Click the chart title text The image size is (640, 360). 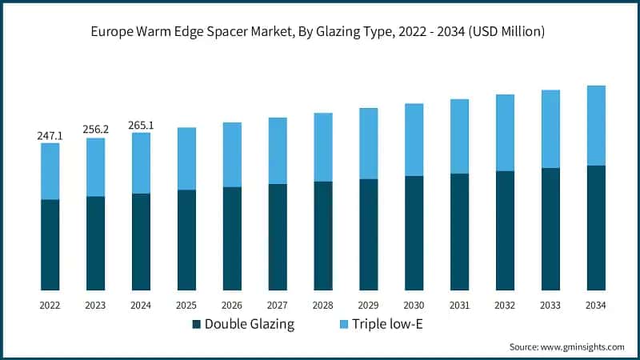[x=320, y=32]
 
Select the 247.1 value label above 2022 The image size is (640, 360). [x=50, y=136]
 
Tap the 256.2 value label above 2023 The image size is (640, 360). [x=96, y=130]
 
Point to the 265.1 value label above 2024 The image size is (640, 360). [x=142, y=125]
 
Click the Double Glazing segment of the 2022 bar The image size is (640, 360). [x=50, y=244]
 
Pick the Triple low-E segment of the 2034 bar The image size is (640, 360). [x=596, y=126]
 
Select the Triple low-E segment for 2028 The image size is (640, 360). [x=323, y=147]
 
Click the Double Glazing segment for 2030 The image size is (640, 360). [x=414, y=233]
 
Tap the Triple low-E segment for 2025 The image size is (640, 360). [x=186, y=158]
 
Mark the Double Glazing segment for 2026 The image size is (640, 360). [x=232, y=238]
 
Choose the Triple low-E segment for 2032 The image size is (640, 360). [x=505, y=133]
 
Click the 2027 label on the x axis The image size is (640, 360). [x=278, y=306]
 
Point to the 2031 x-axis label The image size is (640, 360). [x=459, y=306]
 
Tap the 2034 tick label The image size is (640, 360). [x=596, y=306]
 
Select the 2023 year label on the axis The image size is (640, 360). [x=96, y=306]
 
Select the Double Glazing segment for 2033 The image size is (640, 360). [x=550, y=229]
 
